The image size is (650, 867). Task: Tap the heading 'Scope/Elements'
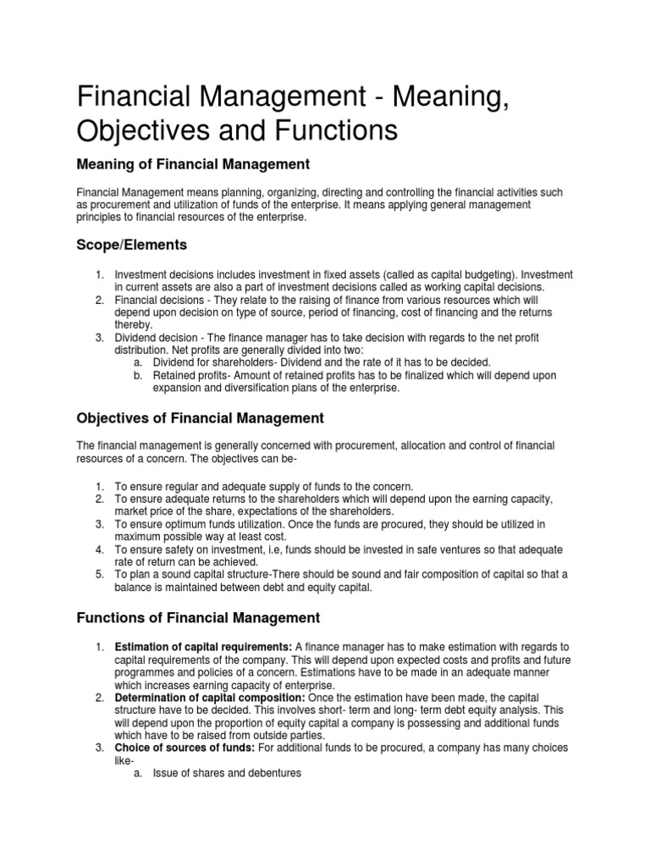[x=131, y=246]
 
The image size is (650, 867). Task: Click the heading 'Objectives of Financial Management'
[x=200, y=417]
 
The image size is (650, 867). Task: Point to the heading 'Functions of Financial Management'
[x=198, y=617]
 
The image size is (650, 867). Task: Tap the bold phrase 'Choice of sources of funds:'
[x=183, y=748]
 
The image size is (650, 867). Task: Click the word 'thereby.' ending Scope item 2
[x=134, y=325]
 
